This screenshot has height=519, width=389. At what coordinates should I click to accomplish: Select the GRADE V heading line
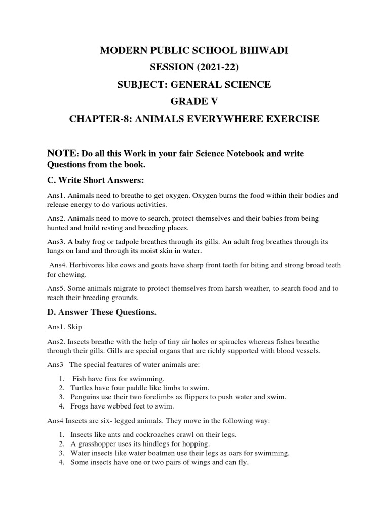194,101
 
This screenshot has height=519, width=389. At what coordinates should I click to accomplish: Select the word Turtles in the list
82,388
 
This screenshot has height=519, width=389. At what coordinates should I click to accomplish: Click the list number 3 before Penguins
61,397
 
